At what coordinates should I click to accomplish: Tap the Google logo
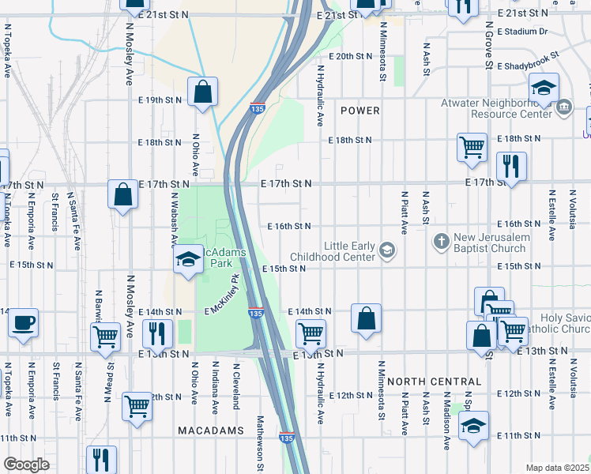26,465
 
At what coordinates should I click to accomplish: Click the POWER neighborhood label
360,111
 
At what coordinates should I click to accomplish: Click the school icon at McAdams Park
188,260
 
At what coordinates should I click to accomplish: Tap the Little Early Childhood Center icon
386,250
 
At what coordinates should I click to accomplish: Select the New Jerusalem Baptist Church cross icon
442,239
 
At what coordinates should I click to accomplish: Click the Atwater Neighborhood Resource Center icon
564,107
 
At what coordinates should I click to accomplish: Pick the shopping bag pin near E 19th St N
203,91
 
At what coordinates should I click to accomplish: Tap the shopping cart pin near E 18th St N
472,146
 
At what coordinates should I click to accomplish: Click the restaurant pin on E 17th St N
511,166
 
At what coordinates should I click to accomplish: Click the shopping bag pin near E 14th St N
366,318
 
